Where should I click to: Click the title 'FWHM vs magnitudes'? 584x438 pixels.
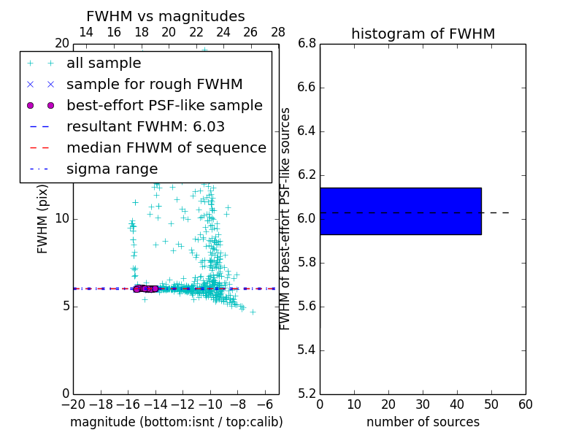pos(166,17)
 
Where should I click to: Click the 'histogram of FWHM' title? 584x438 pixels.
pos(423,34)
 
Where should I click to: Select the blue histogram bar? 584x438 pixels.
pos(400,211)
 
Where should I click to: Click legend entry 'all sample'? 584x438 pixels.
pos(104,64)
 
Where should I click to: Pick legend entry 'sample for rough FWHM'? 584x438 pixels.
pos(154,84)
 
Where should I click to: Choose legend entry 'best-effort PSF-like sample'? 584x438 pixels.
pos(164,105)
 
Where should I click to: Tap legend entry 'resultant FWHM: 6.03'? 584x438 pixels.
pos(145,126)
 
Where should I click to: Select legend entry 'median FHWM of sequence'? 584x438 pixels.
pos(166,147)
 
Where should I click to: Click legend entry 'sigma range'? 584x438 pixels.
pos(112,169)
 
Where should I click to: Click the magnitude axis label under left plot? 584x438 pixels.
pos(176,422)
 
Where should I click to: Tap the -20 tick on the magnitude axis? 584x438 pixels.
pos(73,404)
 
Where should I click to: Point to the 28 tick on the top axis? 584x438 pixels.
pos(278,32)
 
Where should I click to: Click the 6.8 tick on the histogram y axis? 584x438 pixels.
pos(306,44)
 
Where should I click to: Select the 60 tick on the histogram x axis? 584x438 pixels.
pos(525,404)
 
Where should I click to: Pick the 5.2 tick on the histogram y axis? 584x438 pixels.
pos(306,393)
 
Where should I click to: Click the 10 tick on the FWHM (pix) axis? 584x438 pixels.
pos(61,219)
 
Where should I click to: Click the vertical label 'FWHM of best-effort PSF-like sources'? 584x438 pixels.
pos(285,218)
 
